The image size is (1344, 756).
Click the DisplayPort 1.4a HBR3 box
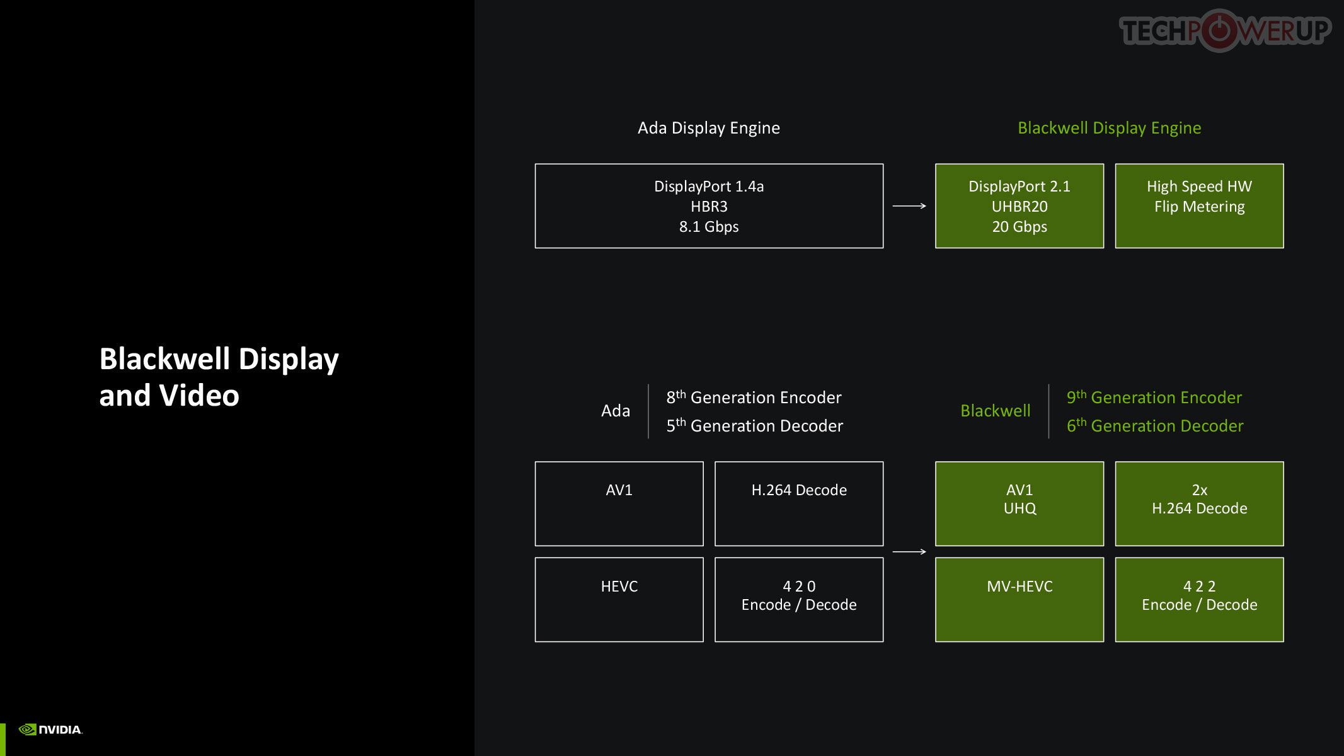709,206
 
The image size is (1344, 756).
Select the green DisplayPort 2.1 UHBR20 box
1019,206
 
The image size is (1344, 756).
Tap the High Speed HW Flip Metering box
1199,206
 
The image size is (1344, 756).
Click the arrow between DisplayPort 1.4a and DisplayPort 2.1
909,206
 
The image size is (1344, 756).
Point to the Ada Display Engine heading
709,128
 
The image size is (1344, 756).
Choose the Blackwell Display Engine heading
1110,128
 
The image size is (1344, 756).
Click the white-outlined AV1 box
619,504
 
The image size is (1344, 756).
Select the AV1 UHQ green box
1019,504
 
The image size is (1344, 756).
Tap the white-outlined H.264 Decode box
799,504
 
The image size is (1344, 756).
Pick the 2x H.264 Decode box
1199,504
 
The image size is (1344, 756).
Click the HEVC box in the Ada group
619,600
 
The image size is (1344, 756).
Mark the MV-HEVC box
1019,600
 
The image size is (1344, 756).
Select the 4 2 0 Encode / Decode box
799,600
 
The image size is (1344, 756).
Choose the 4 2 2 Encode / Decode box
1199,600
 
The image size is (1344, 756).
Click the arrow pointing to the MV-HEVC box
909,552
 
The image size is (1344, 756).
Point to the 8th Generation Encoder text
754,398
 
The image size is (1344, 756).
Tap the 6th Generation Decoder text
1155,426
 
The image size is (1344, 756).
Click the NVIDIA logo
50,730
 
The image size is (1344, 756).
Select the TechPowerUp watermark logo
1225,30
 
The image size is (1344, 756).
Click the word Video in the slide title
199,396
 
